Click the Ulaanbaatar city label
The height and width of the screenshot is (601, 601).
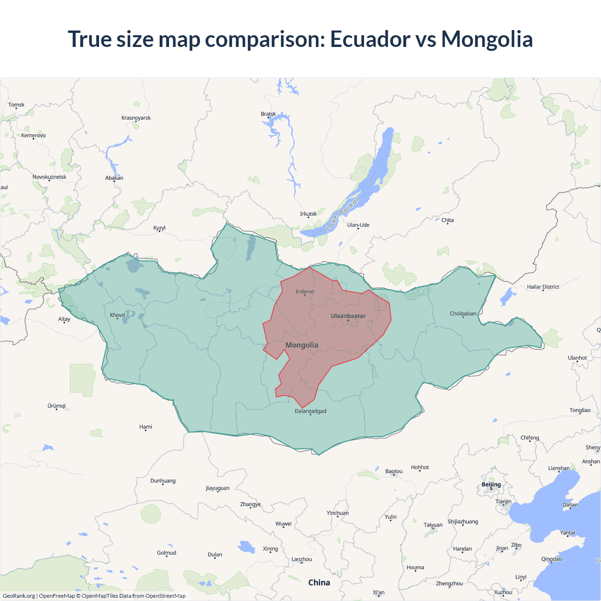[x=348, y=316]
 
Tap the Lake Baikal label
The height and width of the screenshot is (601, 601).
[x=342, y=214]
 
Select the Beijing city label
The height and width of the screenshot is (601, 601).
[x=491, y=485]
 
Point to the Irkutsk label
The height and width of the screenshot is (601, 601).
[x=308, y=214]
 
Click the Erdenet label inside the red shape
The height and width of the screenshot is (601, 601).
[x=305, y=292]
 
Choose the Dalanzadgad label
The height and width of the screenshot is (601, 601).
[x=310, y=411]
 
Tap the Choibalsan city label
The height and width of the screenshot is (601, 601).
[x=463, y=314]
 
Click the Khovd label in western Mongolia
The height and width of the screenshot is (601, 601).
[x=117, y=315]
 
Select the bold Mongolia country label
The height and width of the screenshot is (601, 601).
[x=302, y=345]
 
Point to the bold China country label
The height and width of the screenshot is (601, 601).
[x=319, y=583]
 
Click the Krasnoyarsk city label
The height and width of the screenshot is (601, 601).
[x=136, y=118]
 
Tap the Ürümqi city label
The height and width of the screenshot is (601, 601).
[x=56, y=406]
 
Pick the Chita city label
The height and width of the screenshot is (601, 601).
[x=447, y=220]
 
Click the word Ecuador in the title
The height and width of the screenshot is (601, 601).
[x=370, y=39]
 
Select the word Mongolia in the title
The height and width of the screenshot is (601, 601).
[x=487, y=39]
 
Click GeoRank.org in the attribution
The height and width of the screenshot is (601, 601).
[x=19, y=596]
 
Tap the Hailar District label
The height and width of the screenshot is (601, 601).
[x=543, y=287]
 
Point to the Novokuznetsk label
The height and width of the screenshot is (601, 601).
[x=49, y=177]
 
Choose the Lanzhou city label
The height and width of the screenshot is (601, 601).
[x=301, y=559]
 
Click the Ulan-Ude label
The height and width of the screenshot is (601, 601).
[x=358, y=225]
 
